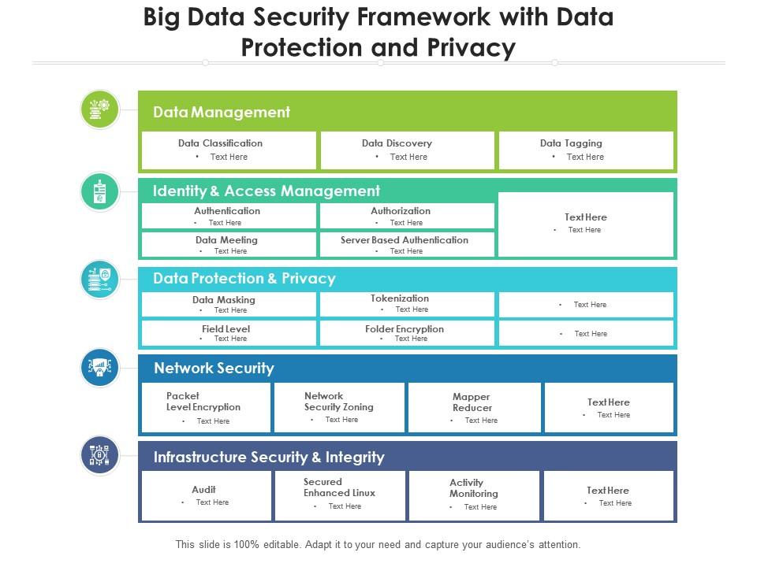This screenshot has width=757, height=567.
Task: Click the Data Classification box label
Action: click(x=220, y=143)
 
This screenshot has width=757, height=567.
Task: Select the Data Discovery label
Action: click(x=397, y=143)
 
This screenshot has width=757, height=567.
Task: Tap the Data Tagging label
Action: click(x=571, y=143)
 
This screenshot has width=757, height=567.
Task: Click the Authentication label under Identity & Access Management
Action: click(x=227, y=211)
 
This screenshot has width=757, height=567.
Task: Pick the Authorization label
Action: click(x=401, y=211)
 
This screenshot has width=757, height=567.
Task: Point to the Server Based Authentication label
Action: click(x=405, y=240)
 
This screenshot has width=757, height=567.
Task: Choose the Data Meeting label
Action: click(x=226, y=240)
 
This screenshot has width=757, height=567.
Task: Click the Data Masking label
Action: click(x=224, y=300)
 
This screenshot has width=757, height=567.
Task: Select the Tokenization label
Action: click(x=400, y=298)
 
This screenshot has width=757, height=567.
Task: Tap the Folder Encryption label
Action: click(x=405, y=329)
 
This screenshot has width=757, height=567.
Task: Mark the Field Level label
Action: click(x=226, y=329)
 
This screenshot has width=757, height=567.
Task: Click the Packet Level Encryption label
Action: click(x=203, y=402)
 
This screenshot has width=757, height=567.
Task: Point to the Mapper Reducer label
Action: click(x=472, y=402)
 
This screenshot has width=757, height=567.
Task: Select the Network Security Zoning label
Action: click(x=338, y=402)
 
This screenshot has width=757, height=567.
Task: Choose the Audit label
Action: click(x=203, y=490)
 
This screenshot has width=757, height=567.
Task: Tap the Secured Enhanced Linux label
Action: click(x=339, y=487)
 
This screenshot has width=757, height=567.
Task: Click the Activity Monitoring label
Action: click(x=474, y=488)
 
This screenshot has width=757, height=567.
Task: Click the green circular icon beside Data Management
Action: click(x=100, y=109)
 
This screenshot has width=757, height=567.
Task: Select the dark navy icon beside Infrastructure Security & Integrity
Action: click(x=100, y=455)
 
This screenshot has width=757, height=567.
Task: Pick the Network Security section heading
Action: click(x=214, y=368)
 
